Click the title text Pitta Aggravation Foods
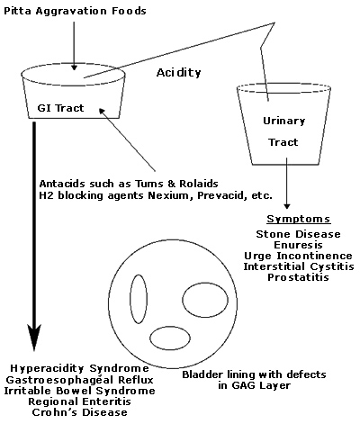(75, 12)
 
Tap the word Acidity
(178, 73)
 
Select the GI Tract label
(60, 108)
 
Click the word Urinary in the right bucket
(283, 121)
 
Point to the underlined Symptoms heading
(299, 219)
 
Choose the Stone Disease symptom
(298, 234)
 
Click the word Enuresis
(298, 245)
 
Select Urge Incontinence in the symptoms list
(298, 256)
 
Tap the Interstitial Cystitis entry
(299, 266)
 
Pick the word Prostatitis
(298, 277)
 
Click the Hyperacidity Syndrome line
(79, 368)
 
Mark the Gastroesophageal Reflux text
(80, 380)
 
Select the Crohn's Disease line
(79, 412)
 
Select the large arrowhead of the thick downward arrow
(34, 338)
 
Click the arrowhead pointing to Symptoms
(287, 206)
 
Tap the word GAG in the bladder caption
(242, 385)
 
